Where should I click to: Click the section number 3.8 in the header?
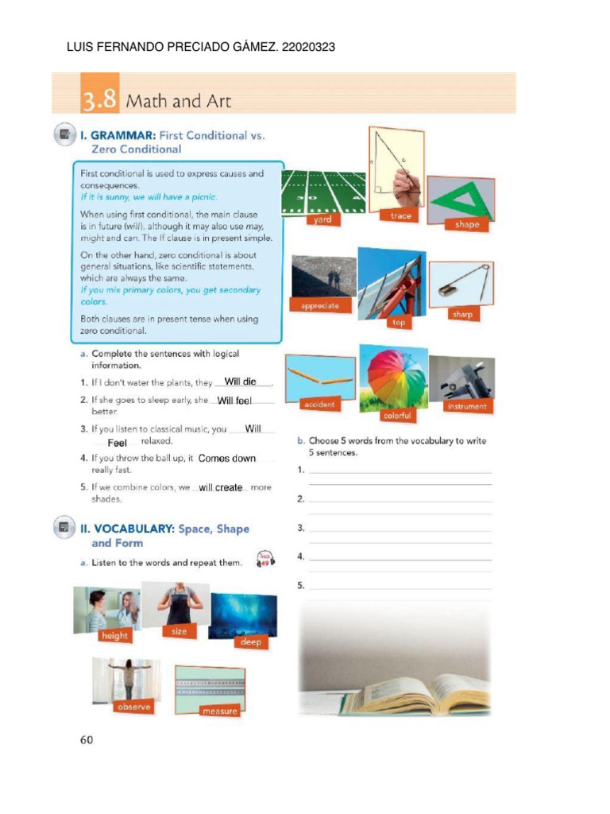tap(99, 101)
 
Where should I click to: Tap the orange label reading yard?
tap(322, 219)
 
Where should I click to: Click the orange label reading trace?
tap(401, 216)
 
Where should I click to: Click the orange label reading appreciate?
tap(319, 305)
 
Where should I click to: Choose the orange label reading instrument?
tap(466, 406)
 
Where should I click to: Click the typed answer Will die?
tap(240, 382)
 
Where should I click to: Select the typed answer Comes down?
tap(227, 459)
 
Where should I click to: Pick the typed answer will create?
tap(220, 487)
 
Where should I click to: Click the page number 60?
tap(87, 739)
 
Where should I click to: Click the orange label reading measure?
tap(219, 711)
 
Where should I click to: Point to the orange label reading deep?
tap(250, 642)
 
